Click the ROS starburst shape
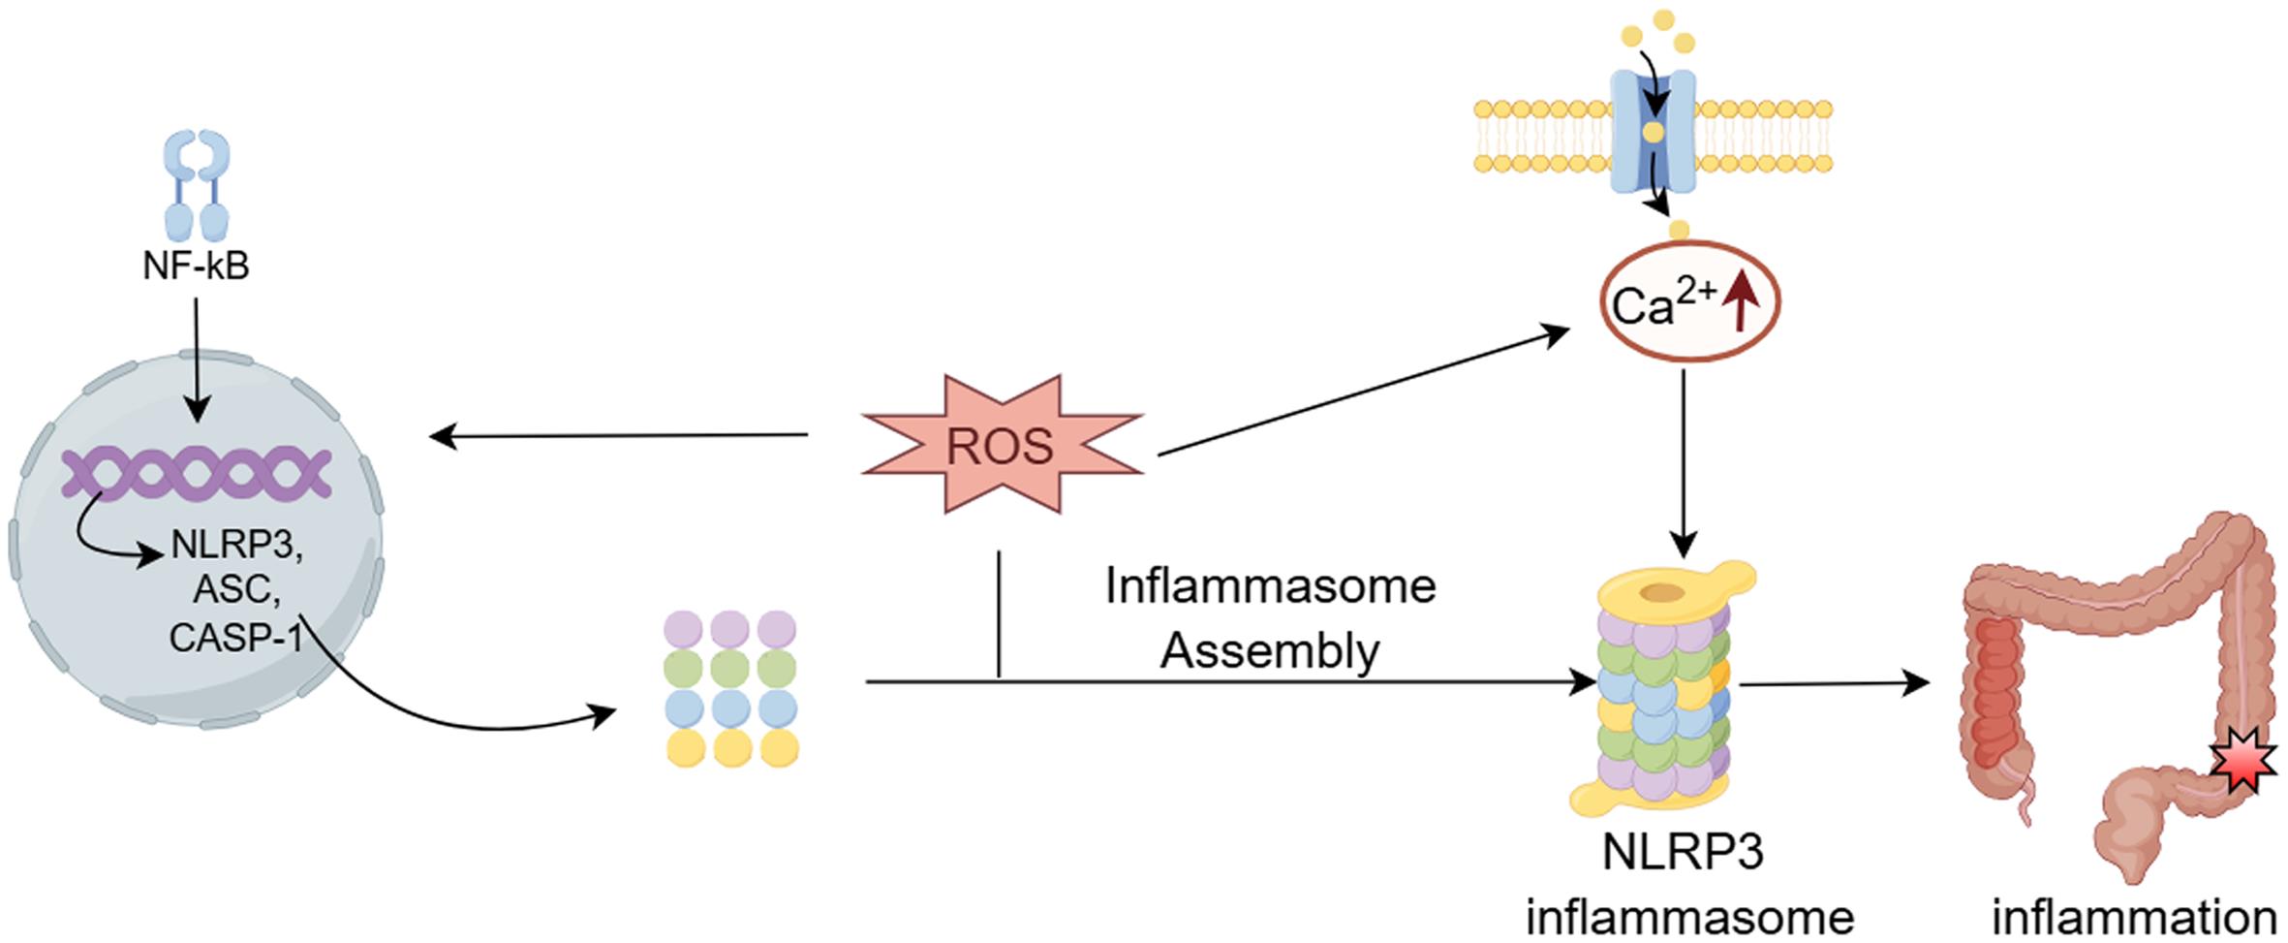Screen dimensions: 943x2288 pos(1002,446)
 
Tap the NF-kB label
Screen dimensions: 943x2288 pos(196,266)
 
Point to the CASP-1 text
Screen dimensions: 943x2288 pos(235,637)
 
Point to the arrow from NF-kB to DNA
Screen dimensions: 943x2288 pos(196,359)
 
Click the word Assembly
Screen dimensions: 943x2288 pos(1269,651)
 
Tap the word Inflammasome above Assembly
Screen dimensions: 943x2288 pos(1269,586)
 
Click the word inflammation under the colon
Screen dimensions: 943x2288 pos(2134,917)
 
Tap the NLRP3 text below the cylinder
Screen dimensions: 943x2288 pos(1683,853)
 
